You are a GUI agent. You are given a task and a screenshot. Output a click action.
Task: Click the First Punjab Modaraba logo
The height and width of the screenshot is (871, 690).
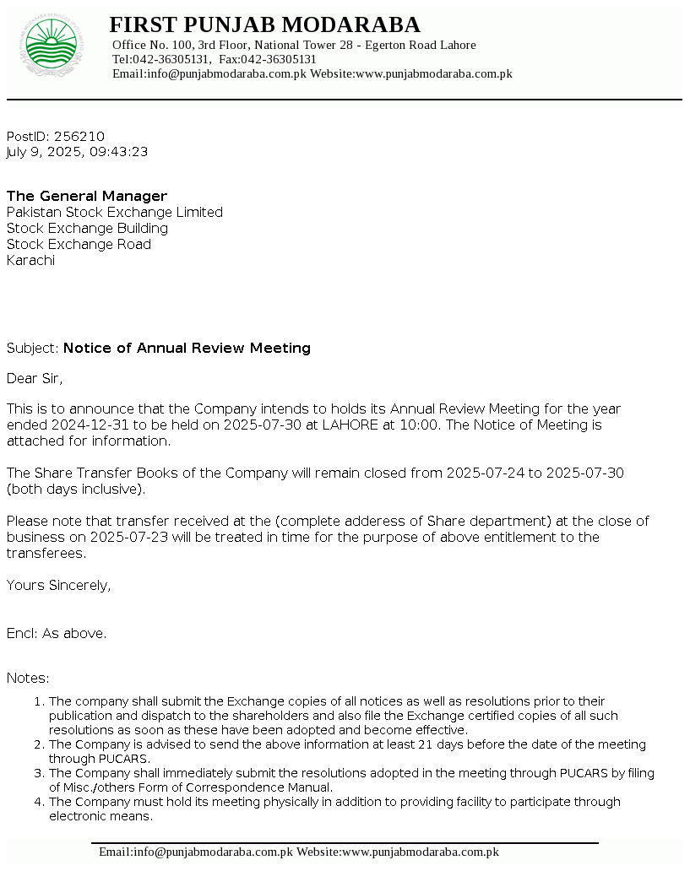[x=55, y=45]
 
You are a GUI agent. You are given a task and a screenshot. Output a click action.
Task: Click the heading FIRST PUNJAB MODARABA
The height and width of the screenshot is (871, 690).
[x=264, y=24]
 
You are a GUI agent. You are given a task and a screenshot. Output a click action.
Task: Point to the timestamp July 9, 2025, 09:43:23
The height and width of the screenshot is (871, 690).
[x=78, y=152]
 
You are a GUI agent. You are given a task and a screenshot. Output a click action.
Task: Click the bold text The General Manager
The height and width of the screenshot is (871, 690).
[x=87, y=196]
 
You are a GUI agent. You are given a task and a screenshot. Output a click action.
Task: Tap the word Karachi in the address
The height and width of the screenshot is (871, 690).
[x=30, y=260]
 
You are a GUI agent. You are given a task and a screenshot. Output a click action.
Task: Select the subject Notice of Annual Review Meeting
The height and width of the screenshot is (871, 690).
[x=187, y=348]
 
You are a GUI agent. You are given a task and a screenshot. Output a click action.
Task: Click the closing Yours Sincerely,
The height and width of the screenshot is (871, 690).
[x=58, y=585]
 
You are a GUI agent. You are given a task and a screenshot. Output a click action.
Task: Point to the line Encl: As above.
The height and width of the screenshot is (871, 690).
[x=57, y=633]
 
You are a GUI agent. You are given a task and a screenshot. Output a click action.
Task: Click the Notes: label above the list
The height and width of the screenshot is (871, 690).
[x=28, y=678]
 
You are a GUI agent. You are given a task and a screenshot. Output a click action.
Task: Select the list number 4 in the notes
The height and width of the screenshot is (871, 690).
[x=38, y=802]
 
